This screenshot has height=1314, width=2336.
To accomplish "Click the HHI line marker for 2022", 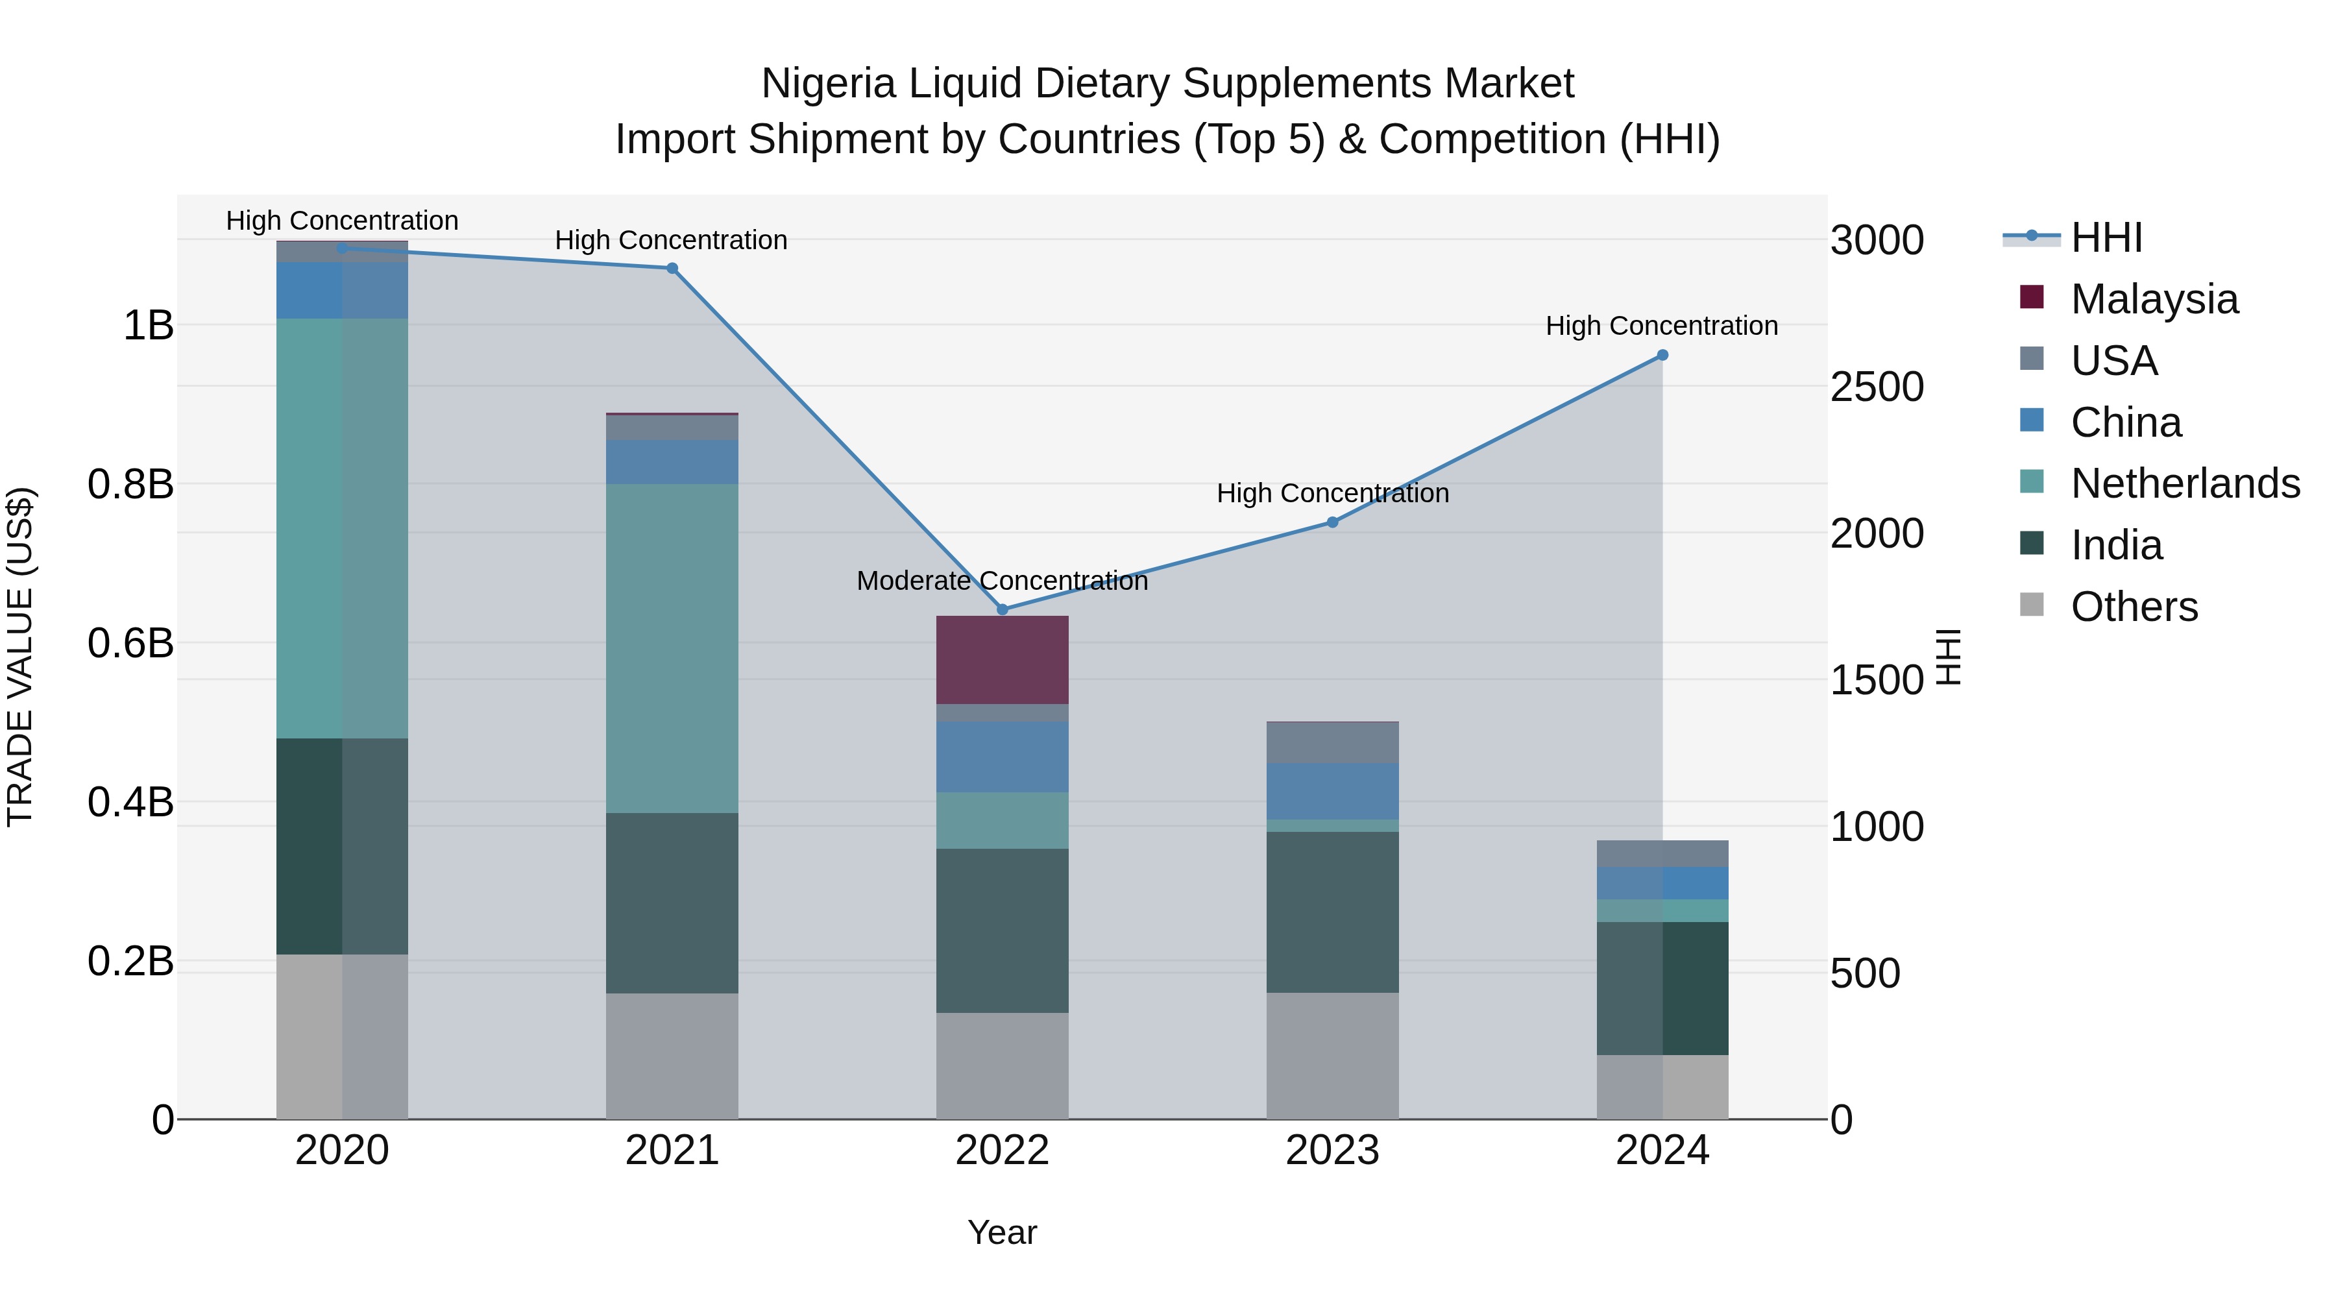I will [1002, 609].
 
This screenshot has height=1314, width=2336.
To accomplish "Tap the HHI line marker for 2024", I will [1662, 356].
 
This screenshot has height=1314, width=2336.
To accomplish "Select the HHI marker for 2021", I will [672, 269].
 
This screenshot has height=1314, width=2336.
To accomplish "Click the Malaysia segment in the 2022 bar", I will [1002, 660].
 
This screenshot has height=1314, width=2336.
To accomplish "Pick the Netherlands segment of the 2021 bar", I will [672, 648].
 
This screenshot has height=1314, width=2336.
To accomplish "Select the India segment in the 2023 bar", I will [1332, 912].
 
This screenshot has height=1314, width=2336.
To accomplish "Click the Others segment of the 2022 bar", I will [1002, 1065].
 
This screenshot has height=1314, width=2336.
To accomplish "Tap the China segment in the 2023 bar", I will [1332, 792].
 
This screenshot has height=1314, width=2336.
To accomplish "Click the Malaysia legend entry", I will [2154, 299].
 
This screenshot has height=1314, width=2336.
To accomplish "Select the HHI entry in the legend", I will [2106, 237].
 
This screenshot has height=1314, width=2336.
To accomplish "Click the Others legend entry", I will [2134, 607].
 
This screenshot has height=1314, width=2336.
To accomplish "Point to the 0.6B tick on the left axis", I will [130, 644].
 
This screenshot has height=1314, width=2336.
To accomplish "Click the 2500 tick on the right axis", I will [1876, 387].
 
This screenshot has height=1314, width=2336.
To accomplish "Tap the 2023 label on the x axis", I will [1332, 1150].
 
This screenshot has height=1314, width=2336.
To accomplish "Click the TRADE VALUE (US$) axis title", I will [21, 657].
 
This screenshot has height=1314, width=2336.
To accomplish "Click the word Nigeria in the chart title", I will [829, 84].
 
